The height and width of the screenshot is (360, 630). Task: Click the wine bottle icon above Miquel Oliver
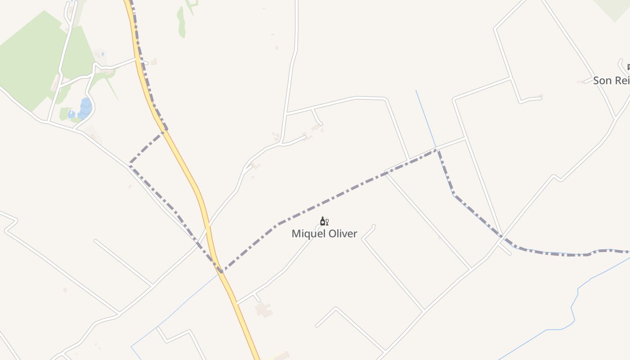(x=323, y=221)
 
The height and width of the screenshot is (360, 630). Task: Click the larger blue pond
(x=85, y=108)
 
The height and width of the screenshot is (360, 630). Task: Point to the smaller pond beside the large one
(x=72, y=114)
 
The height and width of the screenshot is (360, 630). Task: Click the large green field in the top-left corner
(x=27, y=63)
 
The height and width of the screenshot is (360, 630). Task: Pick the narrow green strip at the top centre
(x=181, y=22)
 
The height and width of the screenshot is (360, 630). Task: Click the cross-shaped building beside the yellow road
(x=263, y=310)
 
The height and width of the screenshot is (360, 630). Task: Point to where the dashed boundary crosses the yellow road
(x=219, y=270)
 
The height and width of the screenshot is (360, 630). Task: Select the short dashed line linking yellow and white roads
(x=147, y=148)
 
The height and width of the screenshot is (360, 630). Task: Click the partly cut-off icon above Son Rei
(x=628, y=67)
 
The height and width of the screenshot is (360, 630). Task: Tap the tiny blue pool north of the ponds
(x=103, y=54)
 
